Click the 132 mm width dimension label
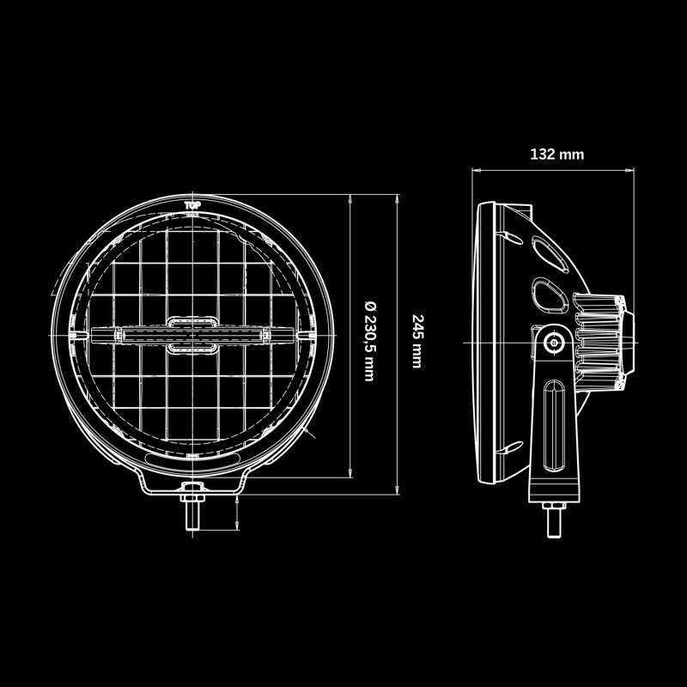tap(557, 155)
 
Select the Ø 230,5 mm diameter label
tap(370, 340)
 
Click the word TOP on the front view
tap(193, 205)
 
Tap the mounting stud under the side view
tap(552, 520)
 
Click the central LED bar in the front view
tap(193, 333)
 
